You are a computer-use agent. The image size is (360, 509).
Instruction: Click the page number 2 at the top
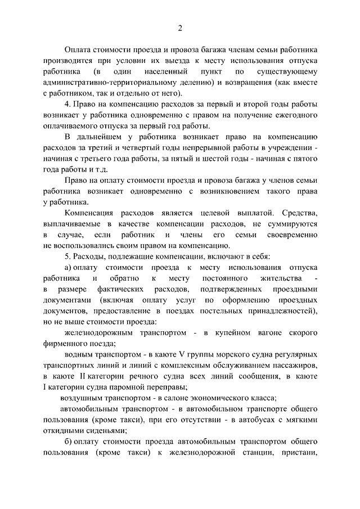180,29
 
